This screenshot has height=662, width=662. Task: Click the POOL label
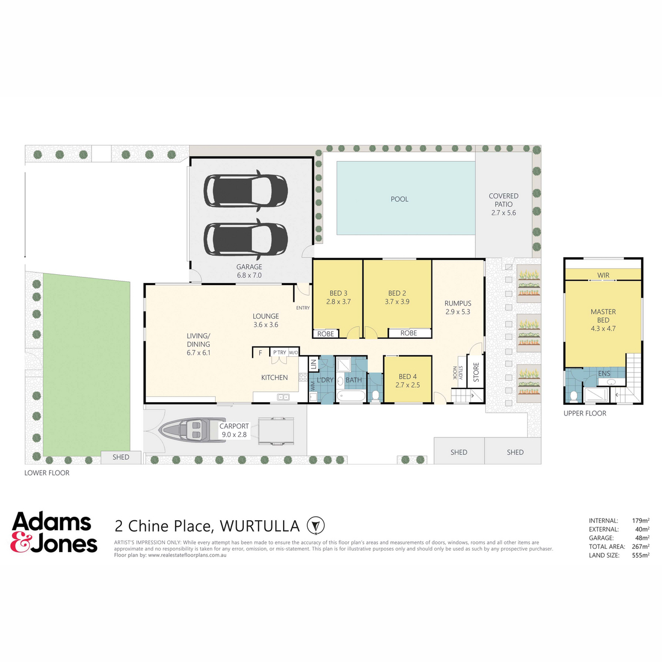399,199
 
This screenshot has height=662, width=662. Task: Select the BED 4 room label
408,377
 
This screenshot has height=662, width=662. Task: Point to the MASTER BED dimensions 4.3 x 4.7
603,328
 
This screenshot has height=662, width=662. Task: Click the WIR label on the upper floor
604,275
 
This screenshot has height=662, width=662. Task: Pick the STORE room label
476,372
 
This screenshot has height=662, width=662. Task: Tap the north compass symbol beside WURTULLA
316,526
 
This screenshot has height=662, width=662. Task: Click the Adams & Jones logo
54,532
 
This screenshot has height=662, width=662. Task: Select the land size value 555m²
640,555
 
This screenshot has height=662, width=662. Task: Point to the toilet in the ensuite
573,397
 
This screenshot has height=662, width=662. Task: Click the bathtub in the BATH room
351,396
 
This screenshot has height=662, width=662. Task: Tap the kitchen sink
284,397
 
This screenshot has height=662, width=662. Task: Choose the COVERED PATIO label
503,200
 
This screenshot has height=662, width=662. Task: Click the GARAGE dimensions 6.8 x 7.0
249,275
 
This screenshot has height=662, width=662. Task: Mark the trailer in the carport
276,431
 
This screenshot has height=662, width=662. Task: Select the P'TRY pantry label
280,353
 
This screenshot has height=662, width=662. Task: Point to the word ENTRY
303,308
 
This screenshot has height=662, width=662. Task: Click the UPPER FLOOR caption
585,413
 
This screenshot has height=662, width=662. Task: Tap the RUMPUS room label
457,303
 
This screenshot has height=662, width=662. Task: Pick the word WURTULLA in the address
259,526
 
